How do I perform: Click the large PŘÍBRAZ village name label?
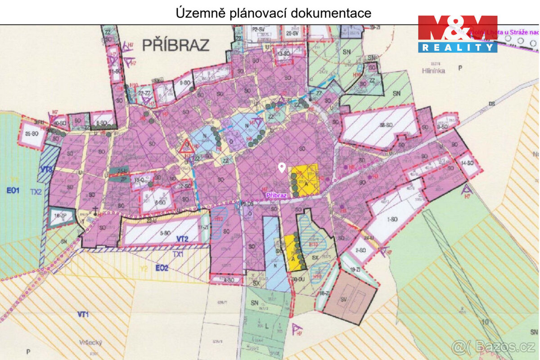[x=176, y=45]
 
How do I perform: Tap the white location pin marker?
[x=282, y=168]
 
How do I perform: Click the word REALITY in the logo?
[x=457, y=47]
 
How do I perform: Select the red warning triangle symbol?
[x=186, y=147]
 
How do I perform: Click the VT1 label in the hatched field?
[x=83, y=315]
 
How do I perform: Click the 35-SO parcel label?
[x=31, y=134]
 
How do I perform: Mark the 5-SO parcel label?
[x=165, y=233]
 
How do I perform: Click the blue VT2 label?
[x=182, y=238]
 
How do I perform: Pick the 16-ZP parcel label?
[x=60, y=216]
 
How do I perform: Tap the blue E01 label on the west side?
[x=13, y=190]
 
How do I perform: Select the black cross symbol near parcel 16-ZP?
[x=95, y=208]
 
